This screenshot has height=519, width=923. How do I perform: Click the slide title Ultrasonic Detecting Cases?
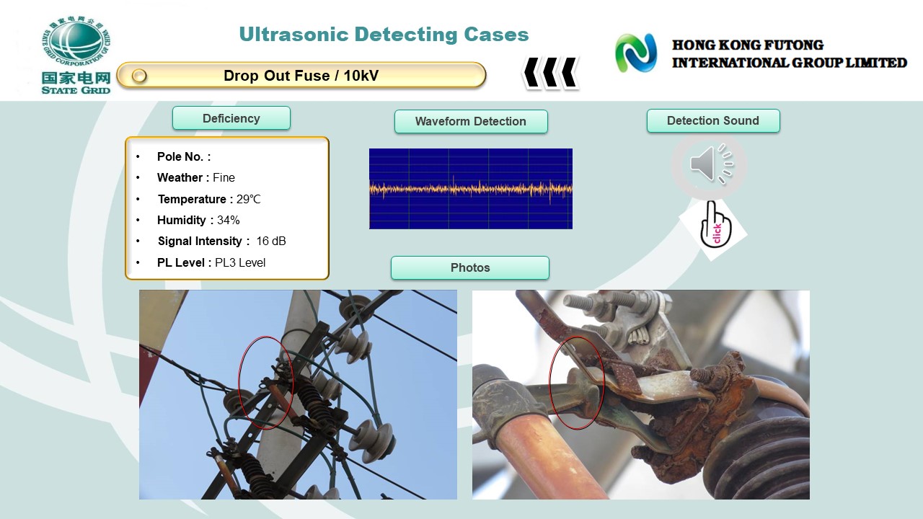point(384,35)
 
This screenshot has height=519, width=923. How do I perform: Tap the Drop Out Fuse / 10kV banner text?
point(301,76)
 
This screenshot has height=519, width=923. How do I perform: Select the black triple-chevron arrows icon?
point(551,73)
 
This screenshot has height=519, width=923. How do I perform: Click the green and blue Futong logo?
point(636,53)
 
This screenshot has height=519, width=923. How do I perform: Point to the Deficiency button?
point(231,118)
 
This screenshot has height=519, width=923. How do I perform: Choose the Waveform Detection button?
point(471,121)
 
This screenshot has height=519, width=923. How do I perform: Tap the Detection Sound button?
point(713,120)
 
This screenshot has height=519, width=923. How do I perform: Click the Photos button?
point(470,267)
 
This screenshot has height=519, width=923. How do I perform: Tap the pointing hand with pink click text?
point(715,225)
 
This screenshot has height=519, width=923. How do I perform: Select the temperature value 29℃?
point(249,200)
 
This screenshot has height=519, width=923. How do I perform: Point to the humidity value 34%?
point(229,220)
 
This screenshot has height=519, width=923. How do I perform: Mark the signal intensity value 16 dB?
point(270,241)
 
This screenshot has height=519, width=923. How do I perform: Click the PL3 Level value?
point(240,262)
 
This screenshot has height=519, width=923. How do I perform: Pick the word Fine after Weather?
point(224,177)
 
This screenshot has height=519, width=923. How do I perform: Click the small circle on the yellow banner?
point(139,76)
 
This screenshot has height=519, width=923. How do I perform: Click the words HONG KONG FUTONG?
point(748,45)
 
